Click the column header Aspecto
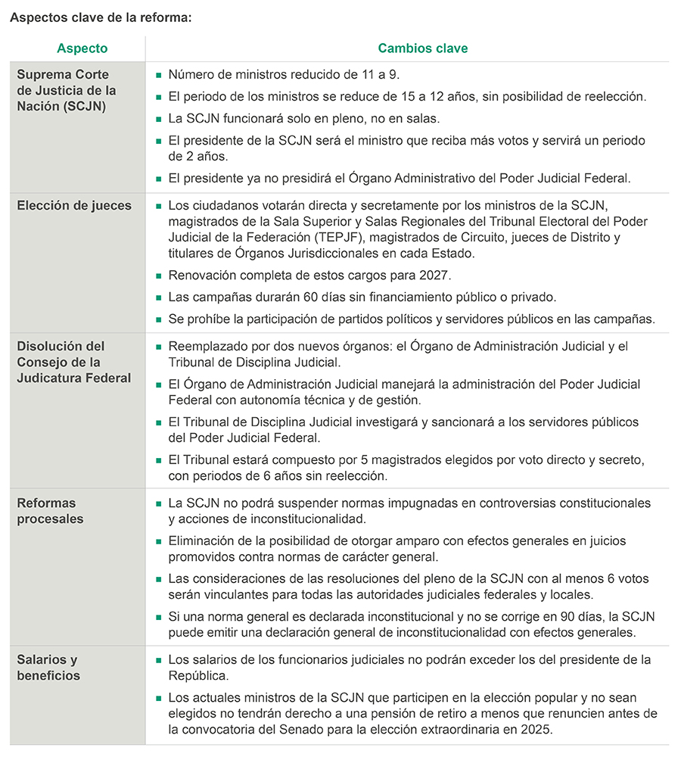tap(82, 48)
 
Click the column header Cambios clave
tap(422, 48)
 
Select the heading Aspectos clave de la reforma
tap(100, 17)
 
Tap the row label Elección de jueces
tap(74, 206)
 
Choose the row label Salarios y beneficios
tap(48, 668)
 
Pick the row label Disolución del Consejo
tap(73, 362)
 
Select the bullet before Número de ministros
tap(158, 76)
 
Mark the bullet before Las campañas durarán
tap(158, 298)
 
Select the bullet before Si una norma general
tap(158, 618)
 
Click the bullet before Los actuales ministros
tap(158, 698)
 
